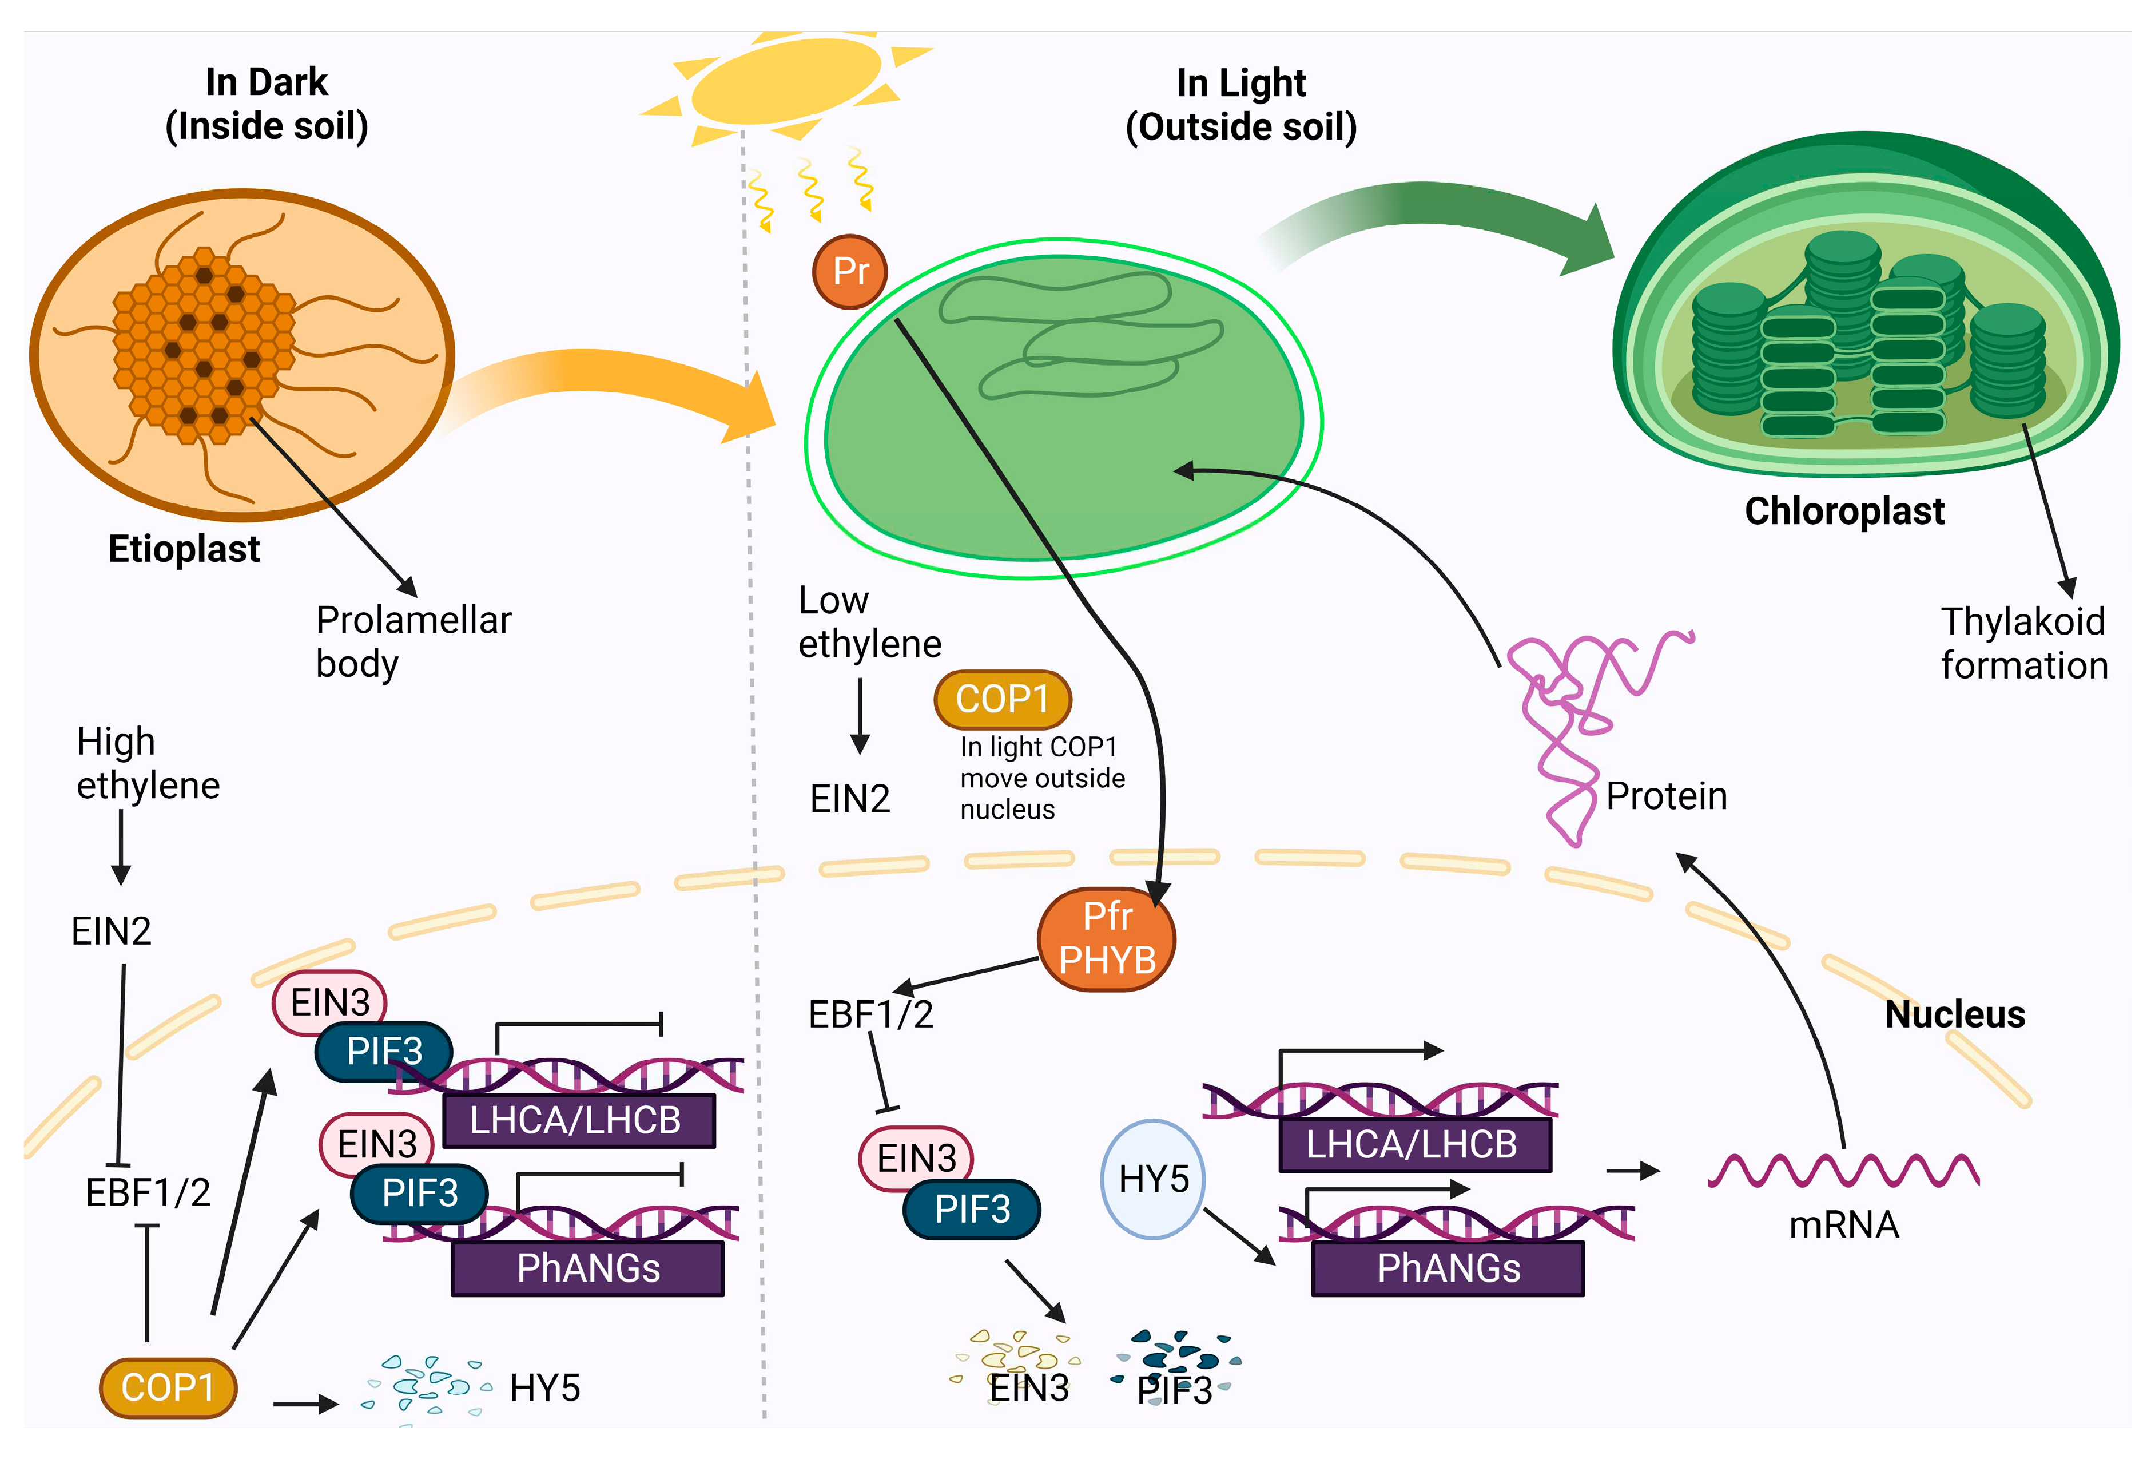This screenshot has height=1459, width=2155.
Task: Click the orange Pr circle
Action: tap(849, 272)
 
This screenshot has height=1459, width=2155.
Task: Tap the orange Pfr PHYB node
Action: tap(1106, 939)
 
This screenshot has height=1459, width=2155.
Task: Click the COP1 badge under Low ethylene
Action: tap(1003, 699)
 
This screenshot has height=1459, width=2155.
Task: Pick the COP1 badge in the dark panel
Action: tap(168, 1387)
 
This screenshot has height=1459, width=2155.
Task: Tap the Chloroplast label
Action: tap(1843, 511)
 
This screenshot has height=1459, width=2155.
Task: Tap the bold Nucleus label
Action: tap(1955, 1014)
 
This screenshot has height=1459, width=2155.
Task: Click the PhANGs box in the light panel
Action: tap(1448, 1268)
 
